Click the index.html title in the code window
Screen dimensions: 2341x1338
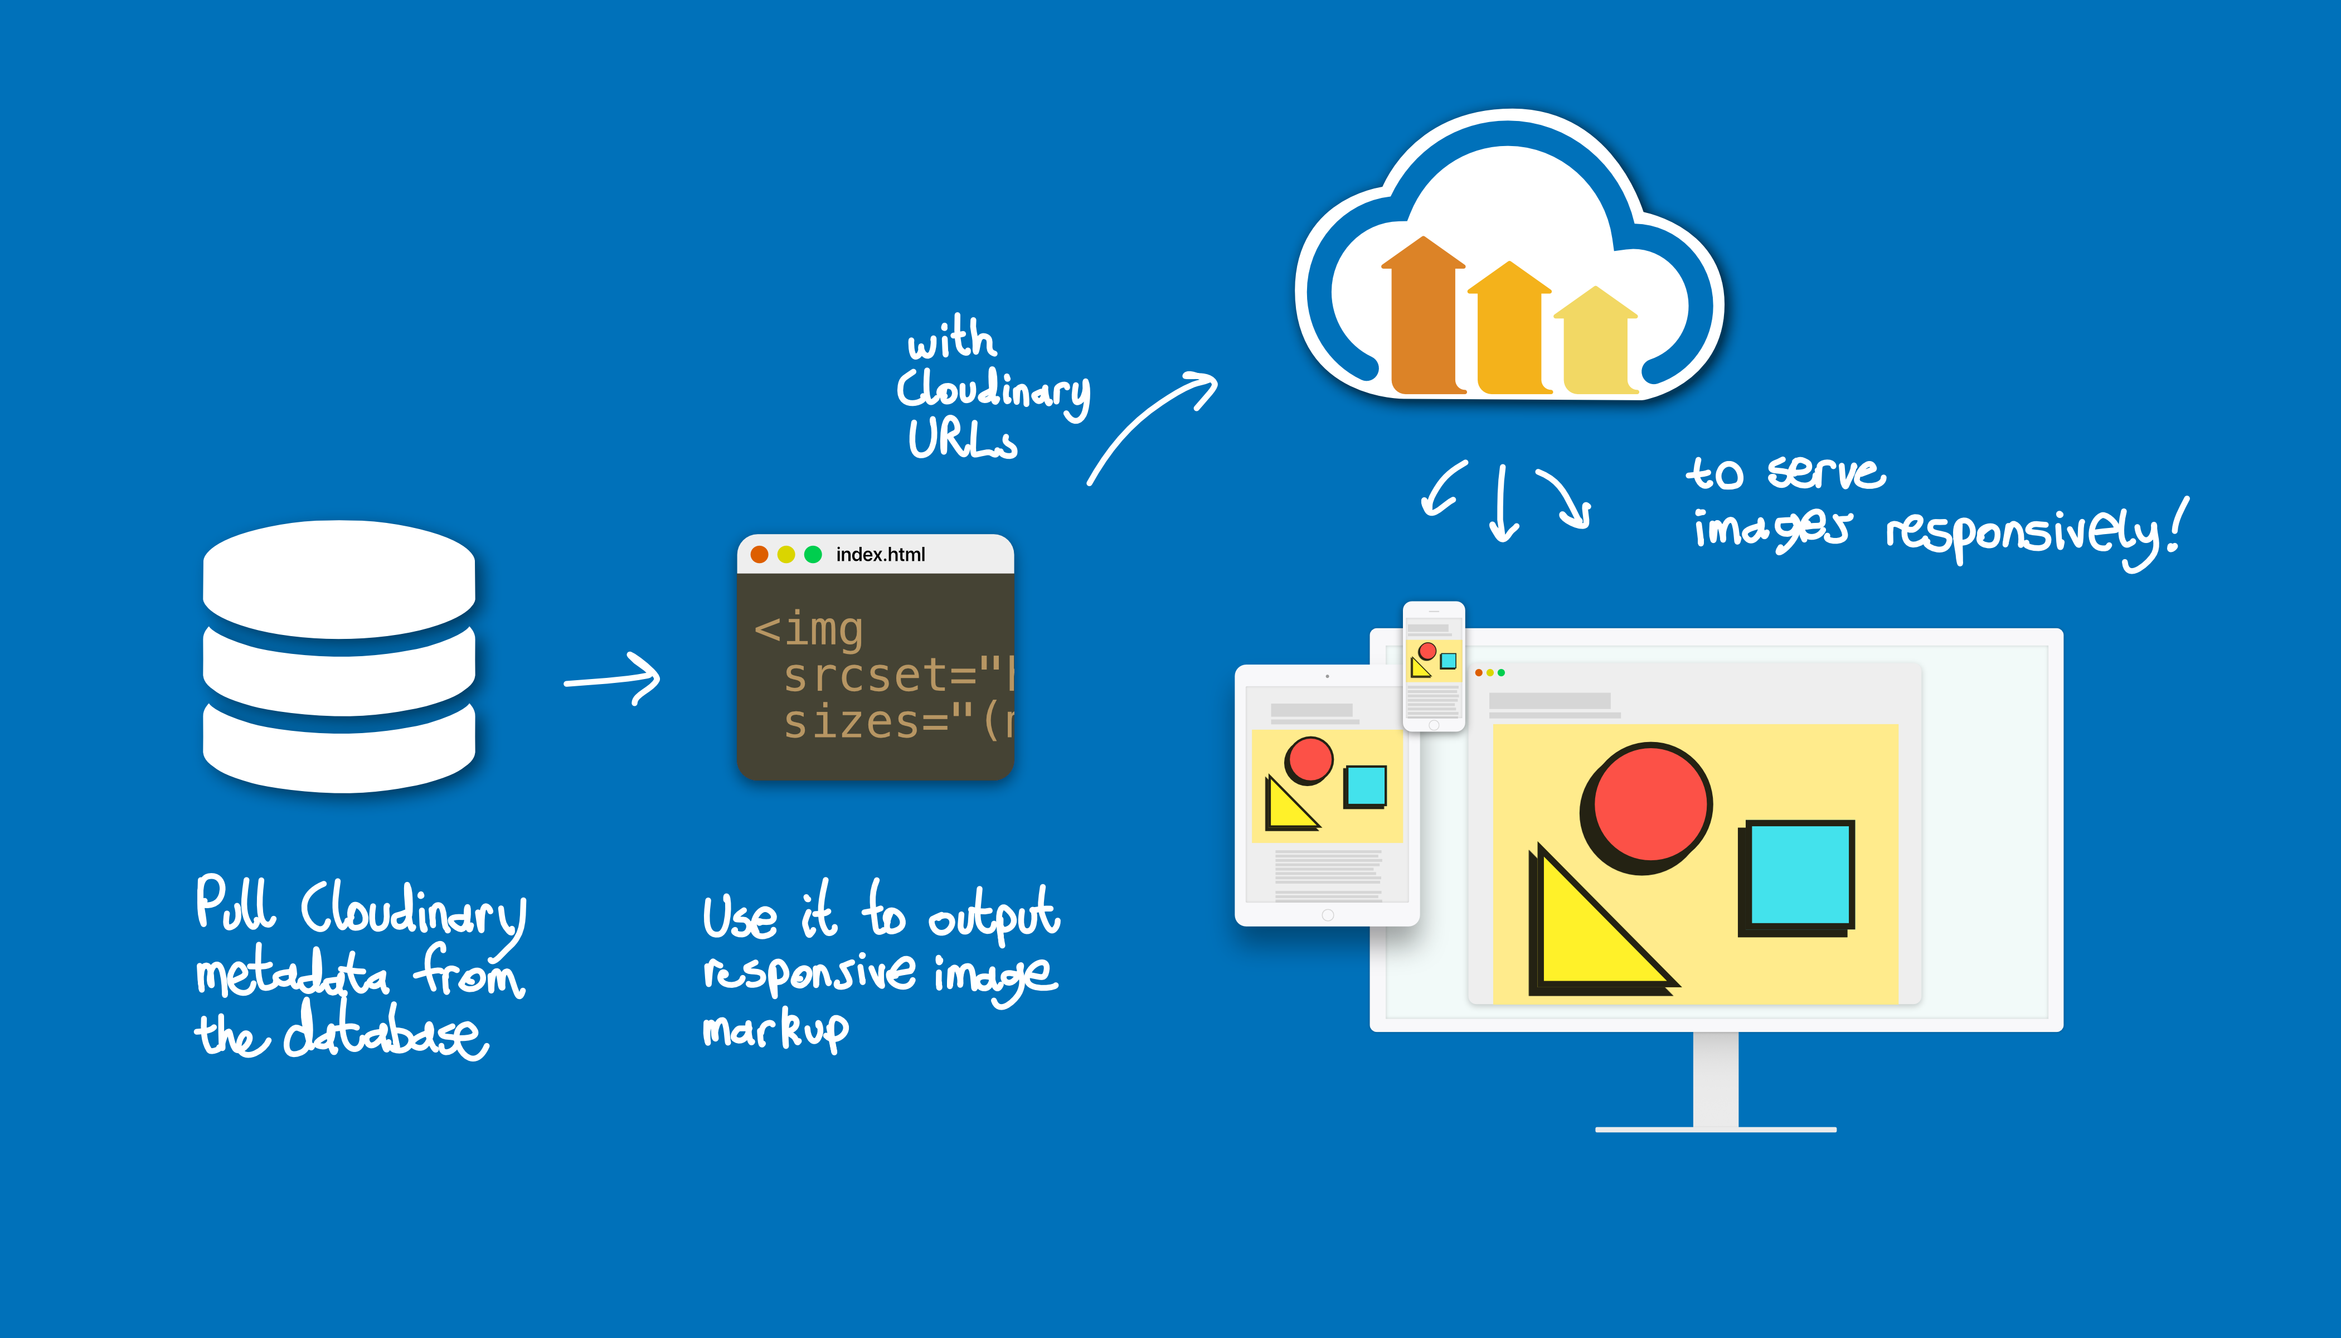click(x=880, y=554)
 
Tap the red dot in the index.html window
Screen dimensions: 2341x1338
click(x=760, y=554)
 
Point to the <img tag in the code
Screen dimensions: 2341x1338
click(x=809, y=629)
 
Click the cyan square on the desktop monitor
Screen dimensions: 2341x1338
click(x=1799, y=874)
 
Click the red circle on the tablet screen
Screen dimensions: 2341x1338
click(x=1309, y=759)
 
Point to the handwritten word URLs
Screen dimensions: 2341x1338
click(x=962, y=439)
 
